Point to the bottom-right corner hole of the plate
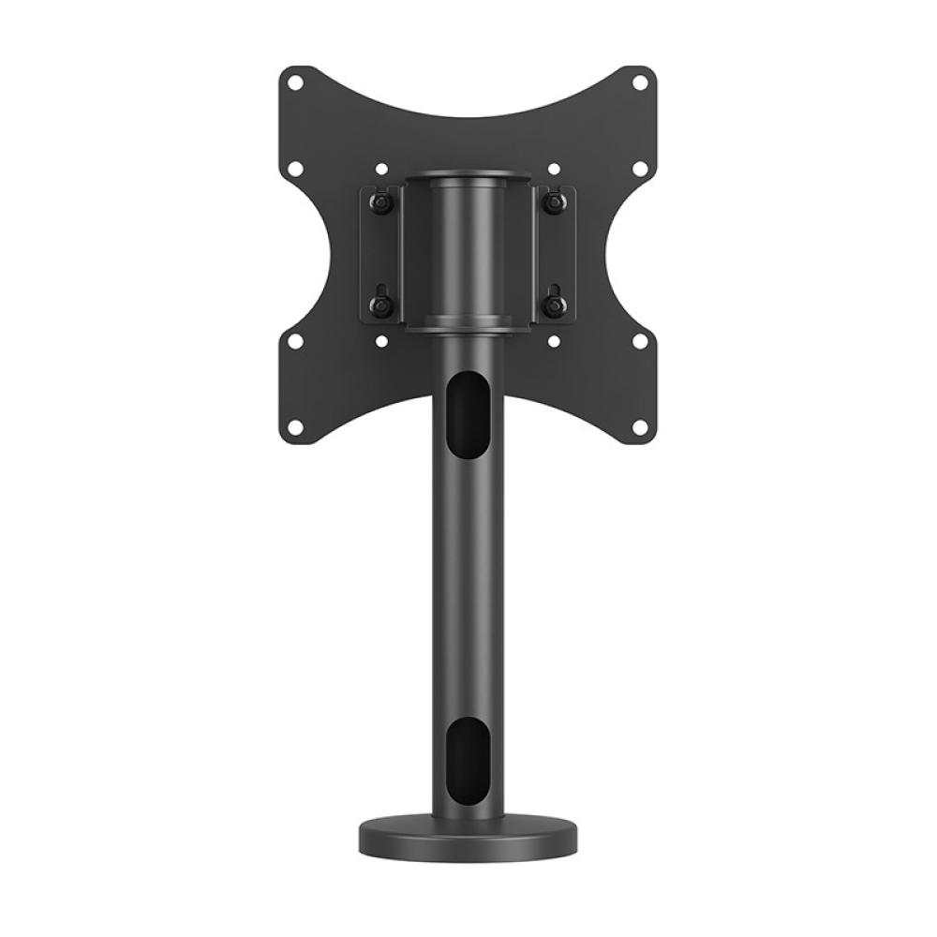(x=640, y=429)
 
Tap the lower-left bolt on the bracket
(x=380, y=305)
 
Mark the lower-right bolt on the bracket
(x=554, y=305)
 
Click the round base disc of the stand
(x=468, y=836)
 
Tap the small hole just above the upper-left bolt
(x=382, y=171)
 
